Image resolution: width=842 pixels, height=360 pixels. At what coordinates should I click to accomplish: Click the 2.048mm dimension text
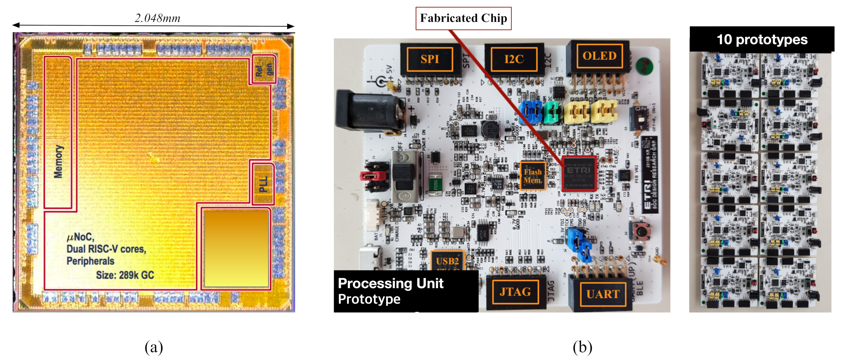coord(158,18)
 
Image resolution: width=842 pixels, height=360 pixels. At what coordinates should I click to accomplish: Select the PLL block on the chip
coord(263,184)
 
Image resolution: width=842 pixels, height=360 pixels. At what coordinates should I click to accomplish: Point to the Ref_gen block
coord(264,69)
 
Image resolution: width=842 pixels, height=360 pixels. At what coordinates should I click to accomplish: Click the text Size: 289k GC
coord(125,275)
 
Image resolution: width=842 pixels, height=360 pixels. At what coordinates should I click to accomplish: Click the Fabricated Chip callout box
coord(463,18)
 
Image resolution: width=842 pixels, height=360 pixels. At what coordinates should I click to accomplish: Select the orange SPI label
coord(429,59)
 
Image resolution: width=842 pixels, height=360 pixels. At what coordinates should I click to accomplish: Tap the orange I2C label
coord(514,59)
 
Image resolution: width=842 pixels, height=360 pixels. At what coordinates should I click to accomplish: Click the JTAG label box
coord(515,292)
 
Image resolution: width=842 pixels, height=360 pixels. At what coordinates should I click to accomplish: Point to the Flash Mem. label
coord(533,176)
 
